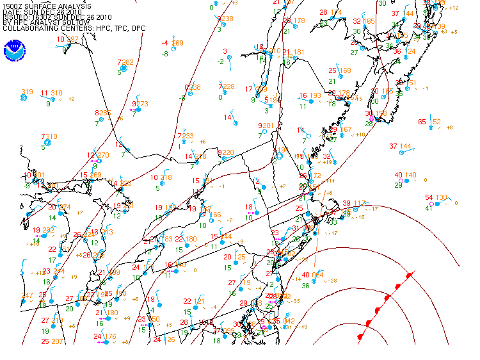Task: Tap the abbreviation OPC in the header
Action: [137, 29]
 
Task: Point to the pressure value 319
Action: [27, 92]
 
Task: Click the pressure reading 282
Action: [127, 62]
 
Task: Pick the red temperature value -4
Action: [165, 43]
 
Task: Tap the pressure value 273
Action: [141, 104]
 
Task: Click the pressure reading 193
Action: [315, 96]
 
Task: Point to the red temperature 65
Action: [422, 122]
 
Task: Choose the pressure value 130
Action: [442, 197]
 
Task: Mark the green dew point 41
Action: [429, 208]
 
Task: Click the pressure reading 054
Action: [317, 275]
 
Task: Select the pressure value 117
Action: [360, 203]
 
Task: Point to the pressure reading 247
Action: [27, 295]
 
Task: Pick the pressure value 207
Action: [58, 341]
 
